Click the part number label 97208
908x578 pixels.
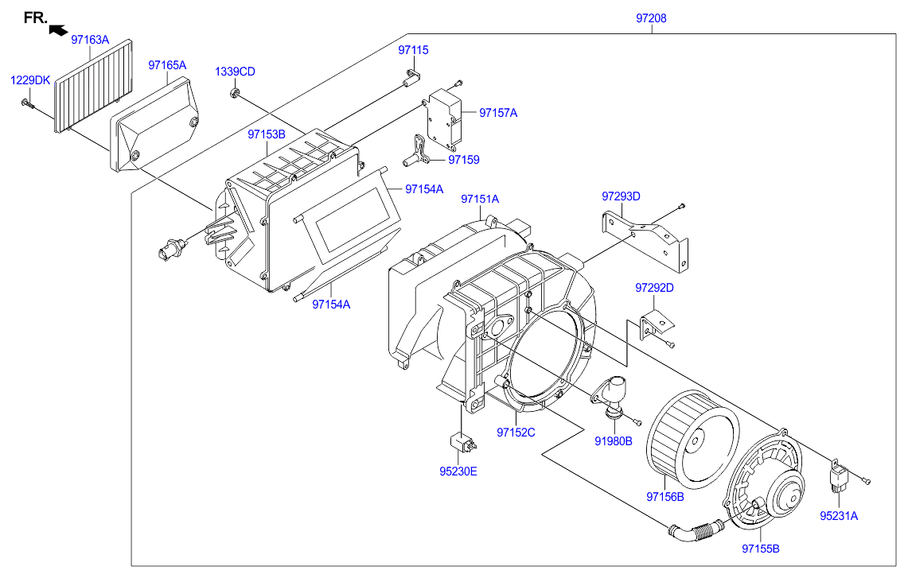tap(651, 18)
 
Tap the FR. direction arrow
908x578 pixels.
tap(58, 29)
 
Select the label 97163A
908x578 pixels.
tap(90, 40)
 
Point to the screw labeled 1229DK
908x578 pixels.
tap(27, 103)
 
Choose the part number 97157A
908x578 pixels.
tap(498, 114)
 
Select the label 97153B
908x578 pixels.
tap(267, 134)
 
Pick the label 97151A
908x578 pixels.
tap(480, 199)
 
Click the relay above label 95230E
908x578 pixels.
tap(463, 444)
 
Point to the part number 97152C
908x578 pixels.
tap(516, 433)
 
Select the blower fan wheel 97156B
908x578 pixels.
tap(692, 439)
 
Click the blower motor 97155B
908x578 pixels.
tap(765, 479)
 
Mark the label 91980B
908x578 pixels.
tap(614, 441)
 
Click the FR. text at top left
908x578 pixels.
tap(35, 17)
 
